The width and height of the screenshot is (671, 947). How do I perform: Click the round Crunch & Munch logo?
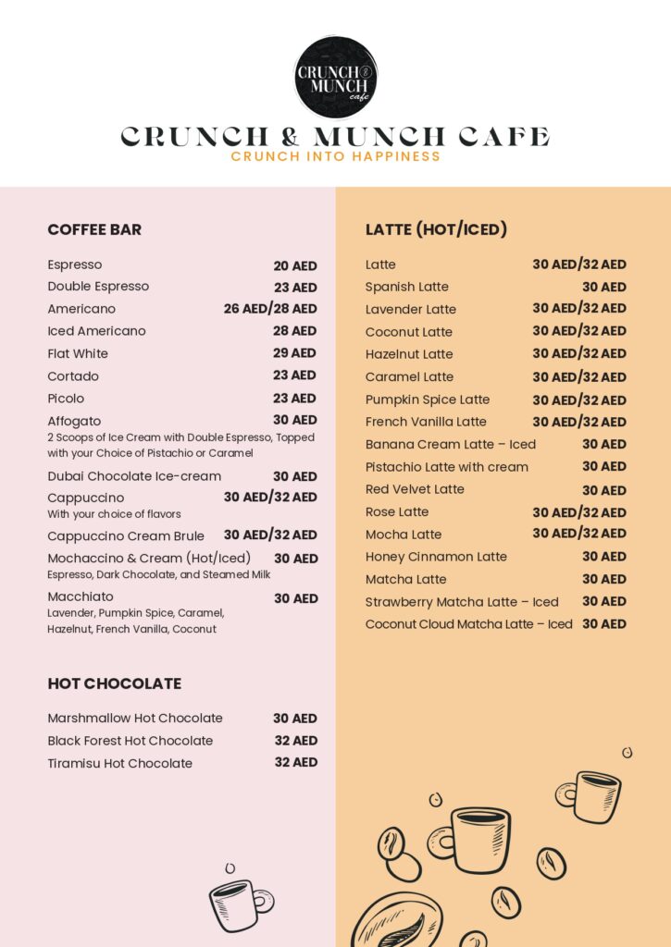click(335, 78)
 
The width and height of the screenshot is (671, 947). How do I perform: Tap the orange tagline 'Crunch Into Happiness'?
click(335, 156)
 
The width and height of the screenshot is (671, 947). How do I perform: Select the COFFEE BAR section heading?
click(94, 229)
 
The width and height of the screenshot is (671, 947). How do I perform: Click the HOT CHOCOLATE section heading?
click(114, 683)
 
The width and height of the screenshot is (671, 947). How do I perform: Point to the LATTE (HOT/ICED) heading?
click(436, 229)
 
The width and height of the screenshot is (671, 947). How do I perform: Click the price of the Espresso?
click(294, 265)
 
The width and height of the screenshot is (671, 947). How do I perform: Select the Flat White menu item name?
click(78, 353)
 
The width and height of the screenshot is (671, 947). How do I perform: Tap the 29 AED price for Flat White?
click(294, 353)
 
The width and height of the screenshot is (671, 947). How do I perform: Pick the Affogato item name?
click(74, 421)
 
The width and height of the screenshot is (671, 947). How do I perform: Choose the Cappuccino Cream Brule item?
click(126, 535)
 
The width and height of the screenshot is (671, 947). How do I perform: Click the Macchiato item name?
click(81, 596)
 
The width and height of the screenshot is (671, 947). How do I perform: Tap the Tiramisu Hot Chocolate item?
click(120, 763)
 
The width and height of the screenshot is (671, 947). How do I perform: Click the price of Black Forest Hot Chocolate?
click(295, 741)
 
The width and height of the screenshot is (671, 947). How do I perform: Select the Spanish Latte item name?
click(406, 287)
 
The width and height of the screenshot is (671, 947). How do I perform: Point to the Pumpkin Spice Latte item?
click(428, 400)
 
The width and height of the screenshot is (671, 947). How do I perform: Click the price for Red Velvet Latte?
click(603, 490)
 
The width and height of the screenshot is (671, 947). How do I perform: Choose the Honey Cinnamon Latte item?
click(436, 557)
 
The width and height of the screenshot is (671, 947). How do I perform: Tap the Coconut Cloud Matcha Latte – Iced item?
click(468, 624)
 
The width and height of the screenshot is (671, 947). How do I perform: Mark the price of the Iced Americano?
click(294, 331)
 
